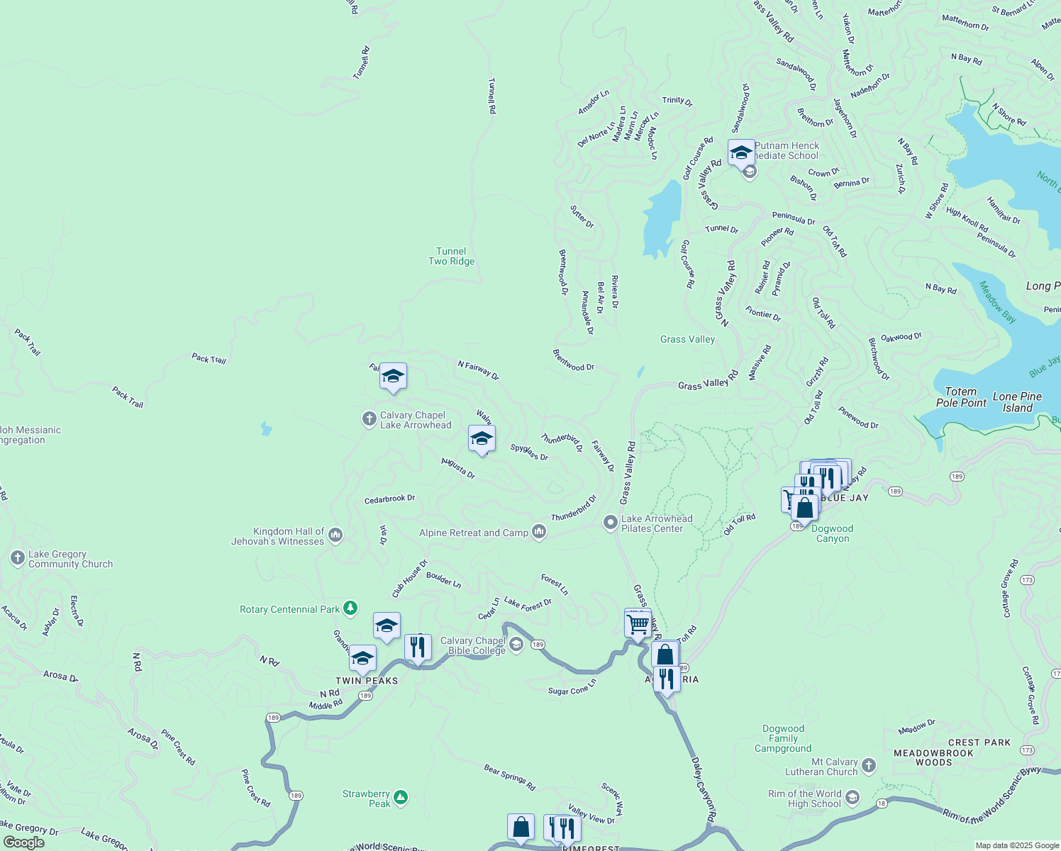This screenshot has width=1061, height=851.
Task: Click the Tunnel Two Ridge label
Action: pos(451,256)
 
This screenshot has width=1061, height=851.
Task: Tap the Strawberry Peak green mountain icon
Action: pos(401,798)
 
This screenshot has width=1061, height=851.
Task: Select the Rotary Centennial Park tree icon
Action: pos(350,608)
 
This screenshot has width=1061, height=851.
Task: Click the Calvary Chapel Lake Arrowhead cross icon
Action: pos(369,419)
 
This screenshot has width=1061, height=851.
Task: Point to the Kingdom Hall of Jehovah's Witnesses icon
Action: pos(335,535)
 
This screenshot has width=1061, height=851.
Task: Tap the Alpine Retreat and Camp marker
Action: pos(539,532)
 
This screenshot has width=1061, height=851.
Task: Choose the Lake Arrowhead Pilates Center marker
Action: pos(609,523)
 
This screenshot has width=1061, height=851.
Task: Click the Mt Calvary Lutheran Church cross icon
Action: pos(869,766)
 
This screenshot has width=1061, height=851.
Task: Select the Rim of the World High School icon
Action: pos(852,798)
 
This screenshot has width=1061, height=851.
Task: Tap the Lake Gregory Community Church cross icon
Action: pos(18,558)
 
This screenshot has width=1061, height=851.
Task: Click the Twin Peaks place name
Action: pos(367,681)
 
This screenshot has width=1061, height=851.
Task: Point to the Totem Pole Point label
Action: pos(961,397)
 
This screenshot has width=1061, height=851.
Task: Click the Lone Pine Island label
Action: pos(1017,402)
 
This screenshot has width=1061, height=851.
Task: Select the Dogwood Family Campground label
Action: pos(783,738)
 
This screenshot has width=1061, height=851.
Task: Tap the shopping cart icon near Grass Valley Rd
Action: pos(638,625)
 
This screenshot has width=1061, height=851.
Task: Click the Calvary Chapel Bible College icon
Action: pos(516,645)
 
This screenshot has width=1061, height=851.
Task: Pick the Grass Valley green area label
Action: pos(687,339)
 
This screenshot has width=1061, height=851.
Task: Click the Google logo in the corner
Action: pos(23,842)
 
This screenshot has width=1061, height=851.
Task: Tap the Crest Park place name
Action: pos(979,742)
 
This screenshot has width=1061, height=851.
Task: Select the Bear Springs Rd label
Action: pos(509,777)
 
